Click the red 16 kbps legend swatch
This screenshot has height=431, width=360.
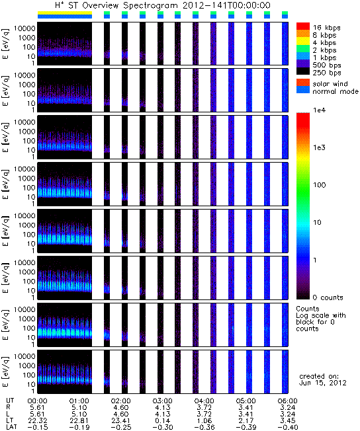tap(303, 26)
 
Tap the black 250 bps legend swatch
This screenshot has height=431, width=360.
tap(303, 71)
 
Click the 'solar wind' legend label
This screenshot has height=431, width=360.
tap(330, 83)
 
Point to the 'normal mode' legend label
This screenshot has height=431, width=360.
tap(336, 91)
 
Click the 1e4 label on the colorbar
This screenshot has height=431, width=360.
tap(319, 110)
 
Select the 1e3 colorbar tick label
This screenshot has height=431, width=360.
tap(319, 147)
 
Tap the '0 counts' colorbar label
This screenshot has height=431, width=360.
tap(328, 297)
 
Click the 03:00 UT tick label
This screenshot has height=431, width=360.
tap(162, 401)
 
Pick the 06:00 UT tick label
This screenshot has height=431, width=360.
tap(288, 401)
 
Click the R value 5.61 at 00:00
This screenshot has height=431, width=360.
tap(37, 407)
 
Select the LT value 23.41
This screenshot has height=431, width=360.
tap(120, 420)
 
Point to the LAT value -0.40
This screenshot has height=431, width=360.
tap(288, 427)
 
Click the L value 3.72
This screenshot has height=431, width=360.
tap(204, 414)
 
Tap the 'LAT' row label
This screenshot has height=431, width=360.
tap(11, 427)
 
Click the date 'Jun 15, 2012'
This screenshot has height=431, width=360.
tap(322, 383)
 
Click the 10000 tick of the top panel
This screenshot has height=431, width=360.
tap(24, 28)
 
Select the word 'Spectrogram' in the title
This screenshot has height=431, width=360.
tap(150, 5)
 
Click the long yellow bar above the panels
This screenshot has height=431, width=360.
tap(65, 13)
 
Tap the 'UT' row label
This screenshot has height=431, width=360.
tap(9, 401)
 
